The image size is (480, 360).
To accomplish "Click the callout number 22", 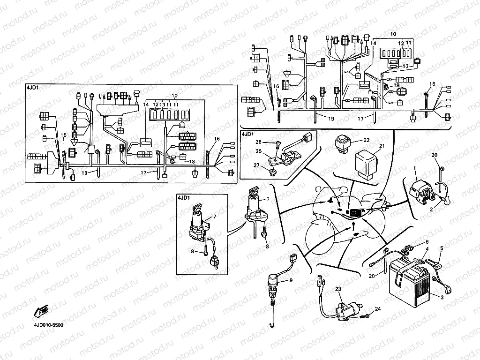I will point(367,140).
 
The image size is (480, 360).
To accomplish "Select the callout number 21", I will point(382,146).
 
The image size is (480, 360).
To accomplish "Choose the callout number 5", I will point(441,247).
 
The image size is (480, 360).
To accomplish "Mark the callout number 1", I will point(414,167).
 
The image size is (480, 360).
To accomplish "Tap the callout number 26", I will point(258,142).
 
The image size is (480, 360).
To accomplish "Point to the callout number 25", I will point(258,151).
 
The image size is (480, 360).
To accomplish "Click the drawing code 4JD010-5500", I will point(48,324).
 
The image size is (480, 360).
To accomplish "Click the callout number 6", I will point(427,242).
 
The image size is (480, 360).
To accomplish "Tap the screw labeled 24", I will point(364,317).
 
